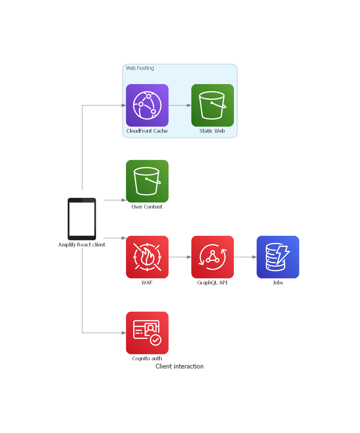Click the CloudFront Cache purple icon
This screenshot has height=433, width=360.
(x=147, y=105)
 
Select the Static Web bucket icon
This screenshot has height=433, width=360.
(x=213, y=105)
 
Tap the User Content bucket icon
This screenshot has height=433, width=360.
(x=147, y=181)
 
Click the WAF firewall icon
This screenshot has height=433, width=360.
(x=147, y=257)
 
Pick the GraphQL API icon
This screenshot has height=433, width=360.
(x=213, y=257)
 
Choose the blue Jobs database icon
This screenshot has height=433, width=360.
(x=278, y=257)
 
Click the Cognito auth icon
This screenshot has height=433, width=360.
(x=147, y=333)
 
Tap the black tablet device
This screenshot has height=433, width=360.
(x=82, y=219)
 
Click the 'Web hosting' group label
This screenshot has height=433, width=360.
(x=140, y=68)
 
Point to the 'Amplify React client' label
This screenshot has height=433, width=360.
(x=82, y=245)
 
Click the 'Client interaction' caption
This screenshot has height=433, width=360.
(x=180, y=366)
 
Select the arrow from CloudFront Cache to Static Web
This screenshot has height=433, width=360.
(x=180, y=105)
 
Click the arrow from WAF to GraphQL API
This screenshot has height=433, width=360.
(x=180, y=257)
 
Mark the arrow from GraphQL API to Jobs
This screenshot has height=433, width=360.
(x=245, y=257)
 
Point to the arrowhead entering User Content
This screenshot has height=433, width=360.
(x=124, y=200)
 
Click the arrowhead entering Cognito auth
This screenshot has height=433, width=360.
(x=124, y=333)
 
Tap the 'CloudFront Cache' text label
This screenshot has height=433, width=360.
(x=147, y=131)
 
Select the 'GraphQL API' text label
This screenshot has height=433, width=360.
(x=212, y=283)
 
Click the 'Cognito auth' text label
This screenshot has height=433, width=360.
(x=147, y=358)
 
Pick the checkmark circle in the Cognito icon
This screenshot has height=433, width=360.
(x=156, y=340)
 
